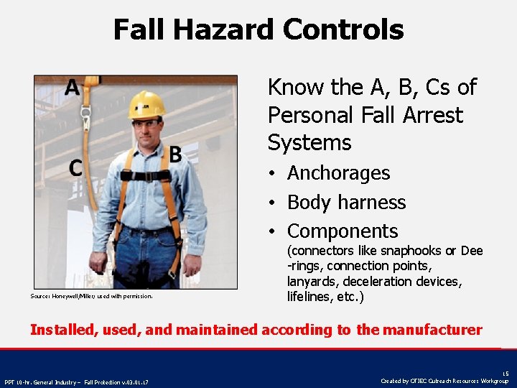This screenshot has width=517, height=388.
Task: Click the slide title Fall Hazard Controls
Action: pos(258,30)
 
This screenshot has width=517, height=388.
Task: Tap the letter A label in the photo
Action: pos(72,88)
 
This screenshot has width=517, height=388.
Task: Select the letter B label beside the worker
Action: pos(174,154)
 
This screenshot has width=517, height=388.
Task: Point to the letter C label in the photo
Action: pos(75,168)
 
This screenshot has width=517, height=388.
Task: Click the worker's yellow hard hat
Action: pos(146,104)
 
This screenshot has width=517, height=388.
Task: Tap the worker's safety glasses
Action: pos(146,124)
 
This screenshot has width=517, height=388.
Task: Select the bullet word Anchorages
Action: pos(338,173)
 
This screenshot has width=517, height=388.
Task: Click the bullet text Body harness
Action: pos(346,203)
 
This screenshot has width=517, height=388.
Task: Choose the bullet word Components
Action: pos(342,231)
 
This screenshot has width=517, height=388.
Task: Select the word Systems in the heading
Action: pos(309,142)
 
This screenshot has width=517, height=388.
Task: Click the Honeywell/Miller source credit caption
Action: pos(91,295)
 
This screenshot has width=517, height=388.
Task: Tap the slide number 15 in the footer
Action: pos(505,374)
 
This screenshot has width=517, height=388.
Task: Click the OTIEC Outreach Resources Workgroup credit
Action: pos(444,381)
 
